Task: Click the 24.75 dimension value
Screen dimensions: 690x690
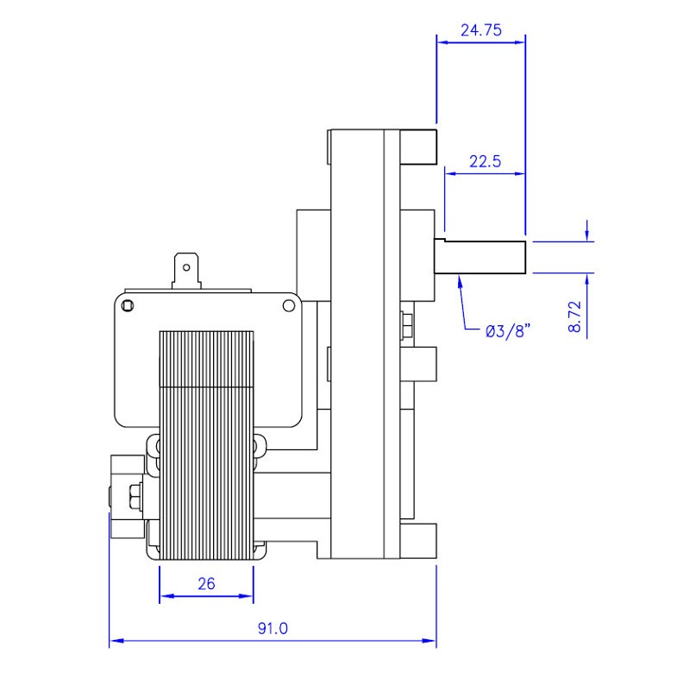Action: tap(481, 30)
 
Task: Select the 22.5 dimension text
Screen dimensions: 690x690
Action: tap(485, 161)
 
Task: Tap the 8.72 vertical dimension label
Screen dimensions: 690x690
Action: tap(574, 317)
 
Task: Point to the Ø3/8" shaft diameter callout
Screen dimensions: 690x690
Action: tap(508, 331)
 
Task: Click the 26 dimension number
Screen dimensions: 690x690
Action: tap(206, 584)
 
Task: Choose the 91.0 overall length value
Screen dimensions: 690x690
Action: tap(273, 628)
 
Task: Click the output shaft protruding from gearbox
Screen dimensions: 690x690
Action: tap(480, 256)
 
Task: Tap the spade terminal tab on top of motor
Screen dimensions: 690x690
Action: tap(186, 271)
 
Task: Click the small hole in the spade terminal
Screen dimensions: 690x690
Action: tap(186, 267)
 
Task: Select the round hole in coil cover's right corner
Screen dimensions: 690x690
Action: tap(289, 305)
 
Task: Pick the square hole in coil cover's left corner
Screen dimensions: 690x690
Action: tap(127, 305)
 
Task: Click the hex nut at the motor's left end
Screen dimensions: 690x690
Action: tap(135, 497)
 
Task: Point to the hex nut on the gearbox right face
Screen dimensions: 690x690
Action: tap(405, 325)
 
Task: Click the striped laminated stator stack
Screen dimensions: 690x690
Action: tap(206, 445)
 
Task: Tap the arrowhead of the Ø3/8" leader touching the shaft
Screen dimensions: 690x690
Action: tap(460, 277)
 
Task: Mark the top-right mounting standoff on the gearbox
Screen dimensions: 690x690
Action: tap(418, 147)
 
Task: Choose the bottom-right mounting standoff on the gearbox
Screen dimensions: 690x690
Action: tap(418, 541)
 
